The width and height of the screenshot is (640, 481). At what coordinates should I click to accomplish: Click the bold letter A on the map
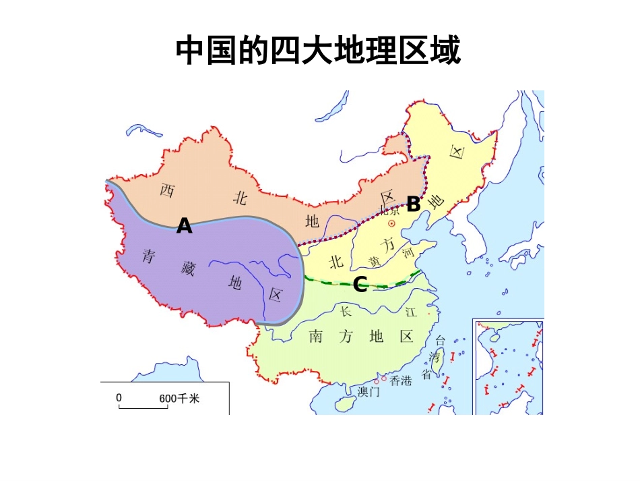[184, 227]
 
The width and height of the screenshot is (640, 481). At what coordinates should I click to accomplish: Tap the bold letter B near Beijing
[413, 204]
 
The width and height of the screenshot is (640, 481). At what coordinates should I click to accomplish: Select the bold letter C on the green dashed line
[360, 285]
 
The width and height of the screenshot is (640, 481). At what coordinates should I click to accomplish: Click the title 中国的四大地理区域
[319, 51]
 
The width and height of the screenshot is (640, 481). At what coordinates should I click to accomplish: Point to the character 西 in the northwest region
[167, 190]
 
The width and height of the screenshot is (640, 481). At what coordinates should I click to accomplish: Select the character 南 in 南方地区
[316, 336]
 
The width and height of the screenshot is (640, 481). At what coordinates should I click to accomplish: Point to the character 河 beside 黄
[406, 254]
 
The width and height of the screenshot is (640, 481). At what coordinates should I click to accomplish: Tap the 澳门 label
[369, 391]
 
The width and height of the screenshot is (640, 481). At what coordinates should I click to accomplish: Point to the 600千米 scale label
[179, 399]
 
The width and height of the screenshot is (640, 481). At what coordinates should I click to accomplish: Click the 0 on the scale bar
[119, 398]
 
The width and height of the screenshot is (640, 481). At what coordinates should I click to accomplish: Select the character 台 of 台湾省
[441, 341]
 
